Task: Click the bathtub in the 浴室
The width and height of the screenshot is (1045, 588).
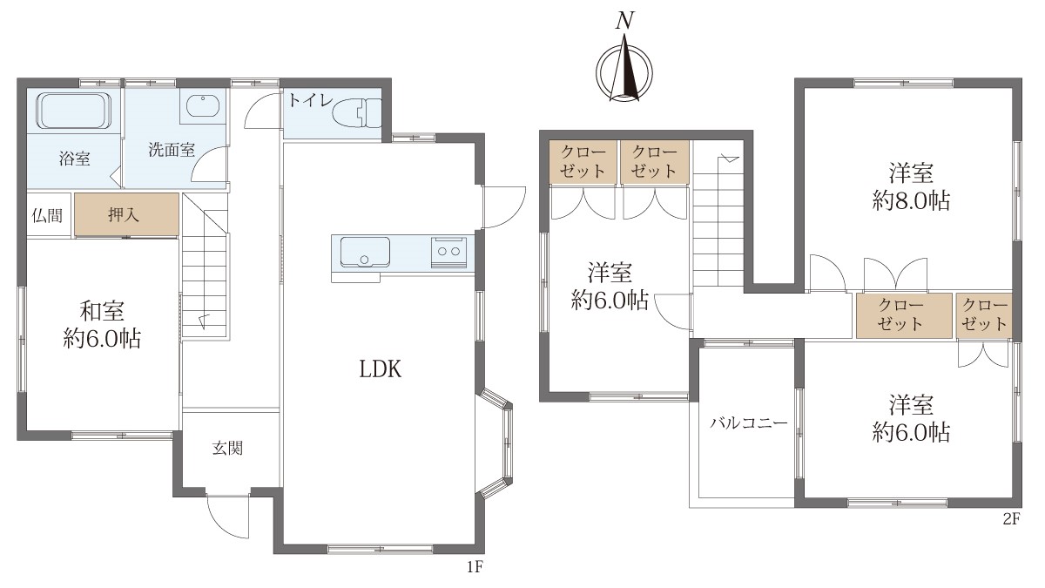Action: [x=74, y=112]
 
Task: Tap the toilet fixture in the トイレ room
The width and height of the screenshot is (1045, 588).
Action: [x=357, y=112]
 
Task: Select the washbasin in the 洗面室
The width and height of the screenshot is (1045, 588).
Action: [x=203, y=107]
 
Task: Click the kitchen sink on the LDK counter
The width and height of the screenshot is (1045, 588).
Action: [x=365, y=252]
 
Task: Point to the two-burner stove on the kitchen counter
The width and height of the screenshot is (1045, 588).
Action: [x=448, y=252]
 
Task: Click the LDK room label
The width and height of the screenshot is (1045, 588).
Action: [x=381, y=369]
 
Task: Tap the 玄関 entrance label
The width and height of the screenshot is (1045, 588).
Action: [x=227, y=449]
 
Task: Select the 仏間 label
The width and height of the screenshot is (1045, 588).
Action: [x=47, y=216]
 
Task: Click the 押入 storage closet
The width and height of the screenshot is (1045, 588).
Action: [x=127, y=214]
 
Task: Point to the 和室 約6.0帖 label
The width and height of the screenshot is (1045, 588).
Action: [x=102, y=325]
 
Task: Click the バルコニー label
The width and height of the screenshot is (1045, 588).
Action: [x=749, y=423]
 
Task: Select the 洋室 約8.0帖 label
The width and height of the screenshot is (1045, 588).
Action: [x=911, y=186]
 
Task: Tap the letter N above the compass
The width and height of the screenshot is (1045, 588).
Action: [x=624, y=21]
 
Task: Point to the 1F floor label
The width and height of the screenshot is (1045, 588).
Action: [x=475, y=567]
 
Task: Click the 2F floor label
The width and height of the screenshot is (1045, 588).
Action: [x=1011, y=519]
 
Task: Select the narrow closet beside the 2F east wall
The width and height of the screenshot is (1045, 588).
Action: [x=984, y=315]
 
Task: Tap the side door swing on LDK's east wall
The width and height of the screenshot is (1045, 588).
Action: [x=504, y=206]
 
